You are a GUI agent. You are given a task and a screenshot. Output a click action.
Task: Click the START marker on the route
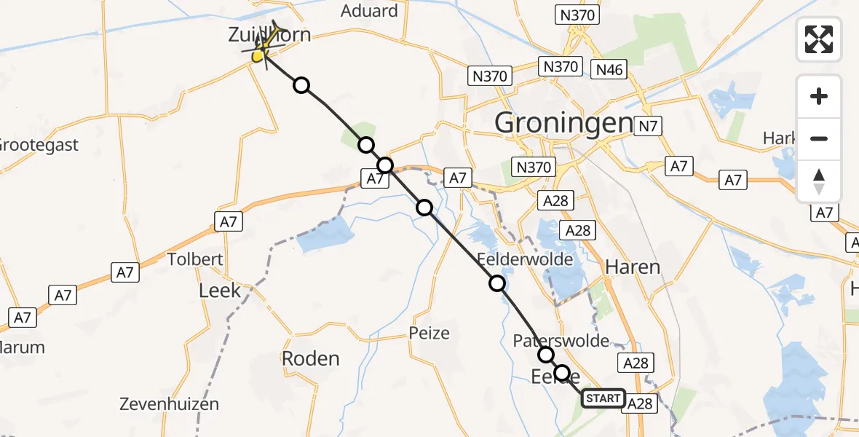(x=603, y=398)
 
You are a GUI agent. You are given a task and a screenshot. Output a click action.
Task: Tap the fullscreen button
(x=819, y=39)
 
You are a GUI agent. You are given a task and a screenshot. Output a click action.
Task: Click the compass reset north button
(x=819, y=181)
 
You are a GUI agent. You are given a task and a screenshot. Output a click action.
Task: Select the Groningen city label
(x=563, y=122)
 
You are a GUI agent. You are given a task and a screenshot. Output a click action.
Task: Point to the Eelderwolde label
(x=525, y=259)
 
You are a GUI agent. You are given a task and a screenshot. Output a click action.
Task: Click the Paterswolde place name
(x=561, y=340)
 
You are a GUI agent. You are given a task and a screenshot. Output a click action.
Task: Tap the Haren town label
(x=633, y=267)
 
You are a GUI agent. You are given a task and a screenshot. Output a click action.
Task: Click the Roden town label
(x=311, y=358)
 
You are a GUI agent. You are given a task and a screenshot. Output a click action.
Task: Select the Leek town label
(x=220, y=291)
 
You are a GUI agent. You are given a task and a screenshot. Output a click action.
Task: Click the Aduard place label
(x=370, y=11)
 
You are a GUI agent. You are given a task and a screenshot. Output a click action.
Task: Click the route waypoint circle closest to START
(x=561, y=374)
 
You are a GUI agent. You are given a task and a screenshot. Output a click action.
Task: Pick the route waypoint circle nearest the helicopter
(x=301, y=86)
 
